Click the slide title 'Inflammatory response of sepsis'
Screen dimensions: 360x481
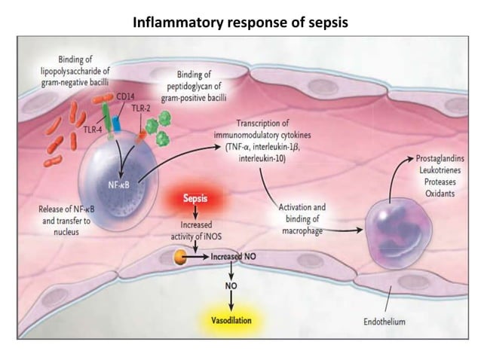[x=240, y=21]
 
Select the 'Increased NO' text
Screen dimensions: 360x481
[x=234, y=257]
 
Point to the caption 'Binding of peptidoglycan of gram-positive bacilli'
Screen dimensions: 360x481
[x=199, y=87]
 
